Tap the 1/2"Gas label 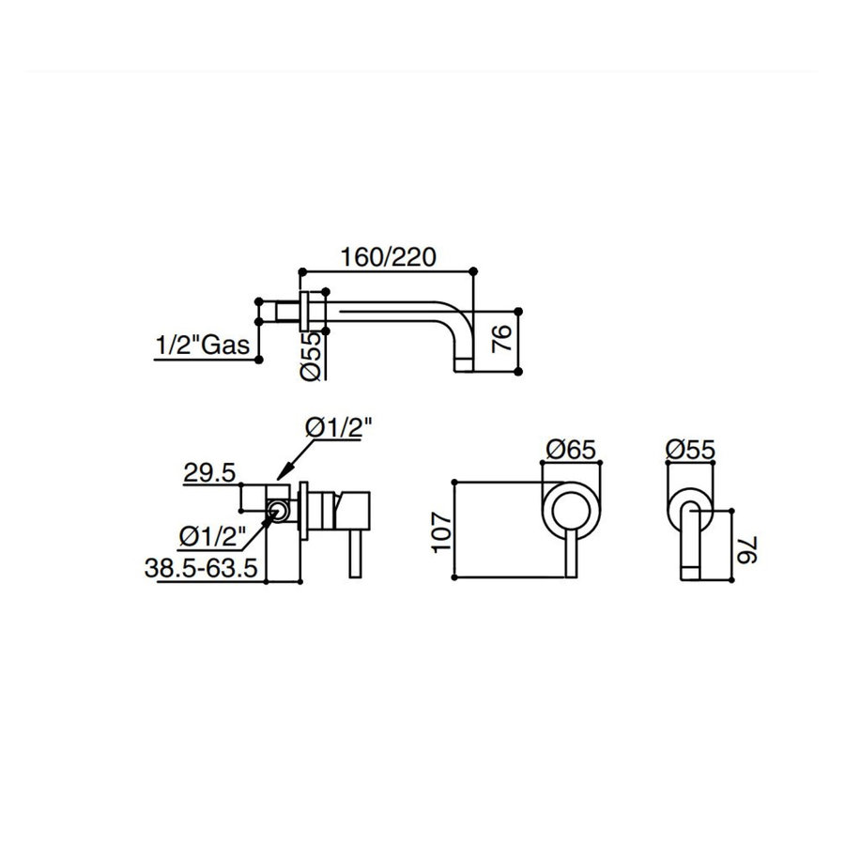(201, 345)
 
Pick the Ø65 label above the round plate (570, 450)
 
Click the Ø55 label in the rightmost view (689, 450)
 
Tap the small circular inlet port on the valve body (278, 512)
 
